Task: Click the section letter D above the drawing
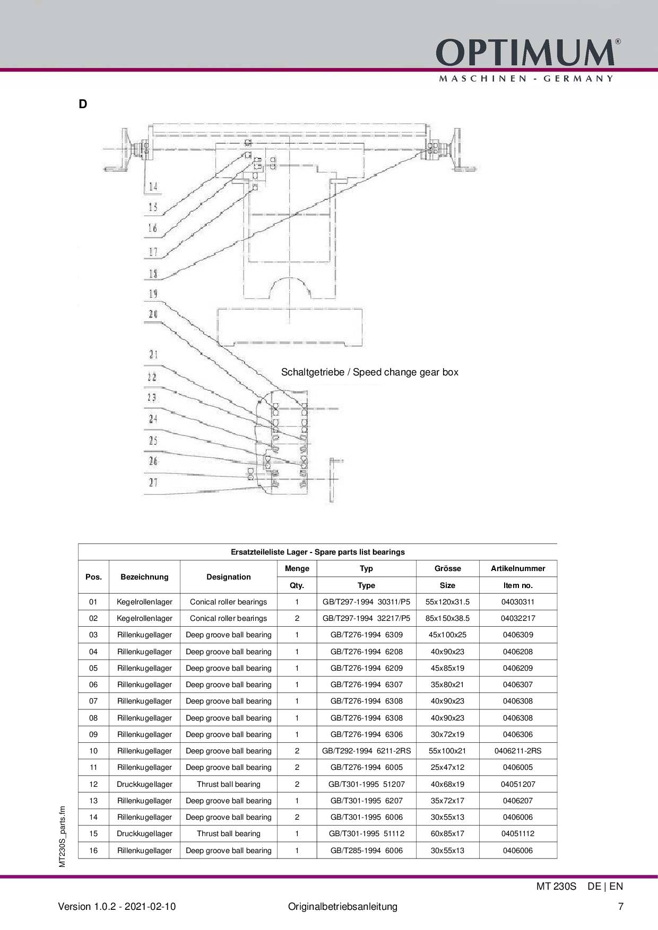click(x=83, y=104)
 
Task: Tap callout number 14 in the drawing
click(x=153, y=186)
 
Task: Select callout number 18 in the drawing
click(x=153, y=274)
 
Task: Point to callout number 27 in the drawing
click(x=153, y=482)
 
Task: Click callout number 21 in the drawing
click(x=153, y=354)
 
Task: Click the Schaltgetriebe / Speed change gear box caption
click(x=370, y=372)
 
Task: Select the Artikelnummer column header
click(x=518, y=568)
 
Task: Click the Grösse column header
click(x=447, y=568)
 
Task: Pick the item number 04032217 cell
click(x=518, y=618)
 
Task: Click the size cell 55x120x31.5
click(x=447, y=602)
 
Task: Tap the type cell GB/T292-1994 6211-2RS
click(x=366, y=751)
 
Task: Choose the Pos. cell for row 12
click(x=93, y=784)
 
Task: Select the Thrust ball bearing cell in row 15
click(x=229, y=834)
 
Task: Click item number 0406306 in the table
click(x=518, y=734)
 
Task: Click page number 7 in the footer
click(x=621, y=907)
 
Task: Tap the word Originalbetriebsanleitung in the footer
click(x=343, y=907)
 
